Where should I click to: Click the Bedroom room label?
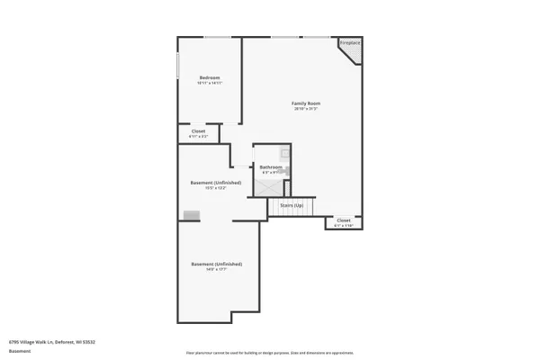click(210, 77)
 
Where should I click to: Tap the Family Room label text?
click(306, 103)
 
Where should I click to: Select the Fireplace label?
click(349, 43)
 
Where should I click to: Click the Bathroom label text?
click(271, 166)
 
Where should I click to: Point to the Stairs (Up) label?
click(292, 205)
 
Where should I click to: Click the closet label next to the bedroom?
click(198, 131)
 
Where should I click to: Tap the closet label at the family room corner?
click(344, 220)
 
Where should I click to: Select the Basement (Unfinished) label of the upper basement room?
click(216, 183)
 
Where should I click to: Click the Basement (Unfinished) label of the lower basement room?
click(216, 264)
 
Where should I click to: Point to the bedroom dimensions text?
click(210, 83)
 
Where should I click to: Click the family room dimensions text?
click(306, 109)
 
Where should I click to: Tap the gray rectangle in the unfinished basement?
click(191, 215)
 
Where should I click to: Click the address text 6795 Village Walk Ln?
click(52, 342)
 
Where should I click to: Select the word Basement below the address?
click(20, 351)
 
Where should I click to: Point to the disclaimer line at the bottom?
click(269, 354)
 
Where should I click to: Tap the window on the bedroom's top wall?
click(216, 37)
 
